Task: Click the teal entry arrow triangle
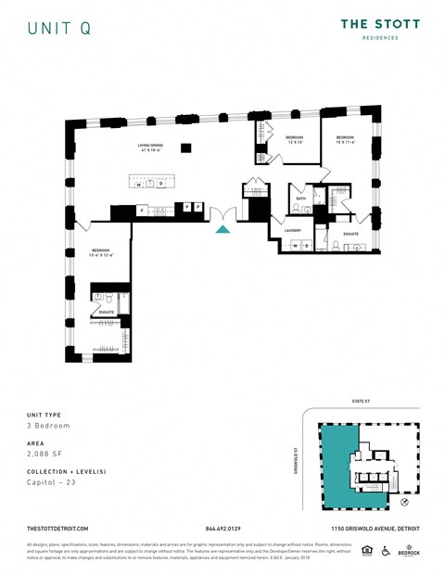222,229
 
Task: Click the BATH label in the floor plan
301,198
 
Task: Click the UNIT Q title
58,29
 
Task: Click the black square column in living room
186,147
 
